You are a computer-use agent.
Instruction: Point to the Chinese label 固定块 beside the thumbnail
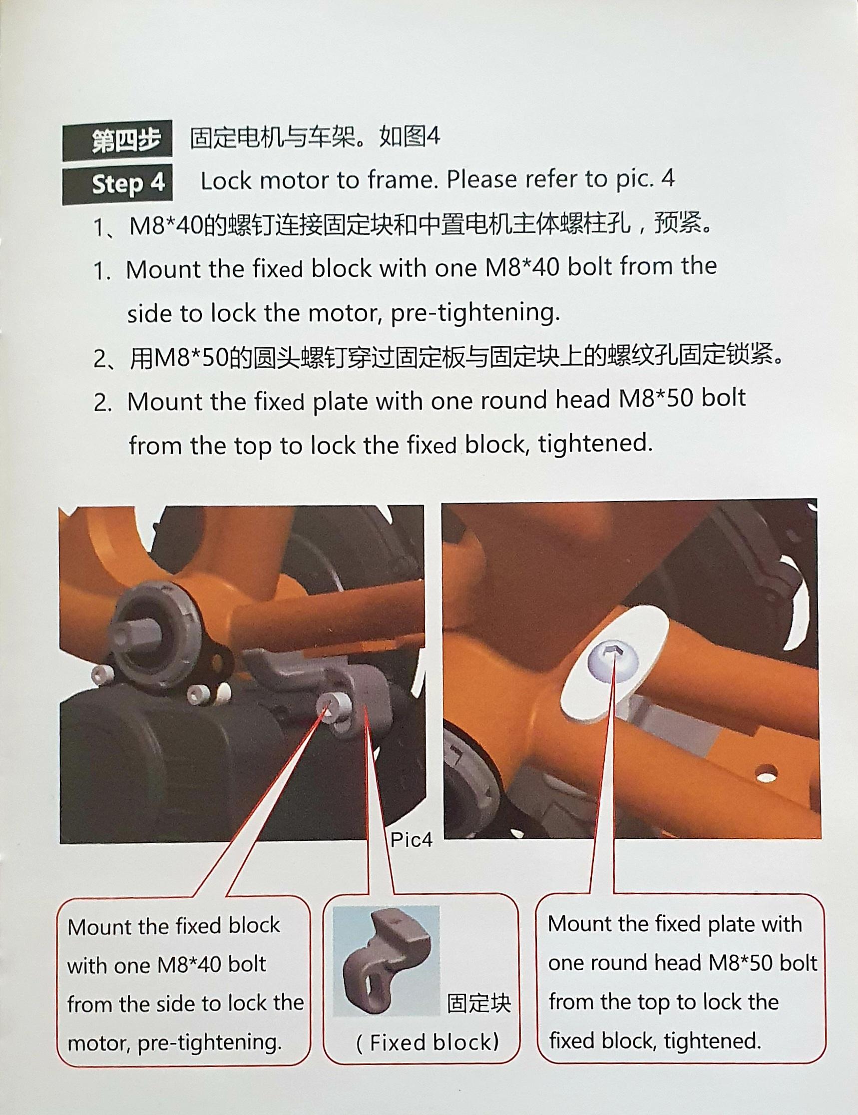tap(479, 1003)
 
